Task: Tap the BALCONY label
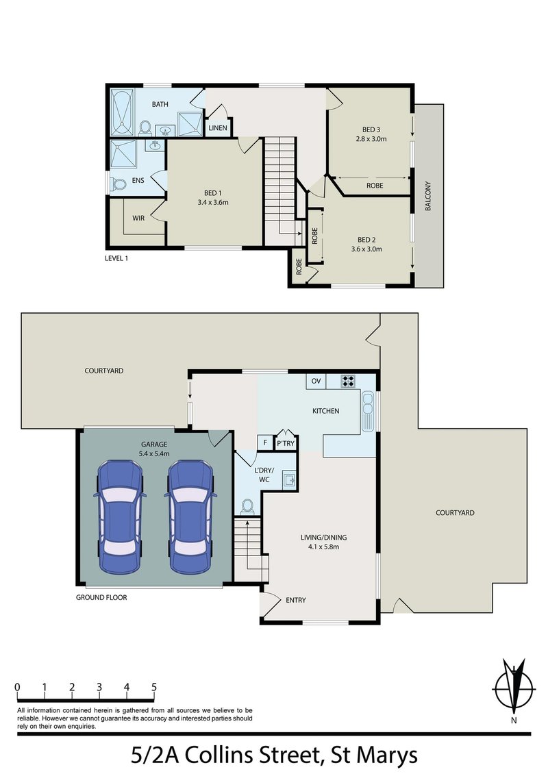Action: point(429,196)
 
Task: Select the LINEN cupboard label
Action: point(218,128)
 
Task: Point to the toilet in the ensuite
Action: point(119,184)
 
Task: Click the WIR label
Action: point(138,218)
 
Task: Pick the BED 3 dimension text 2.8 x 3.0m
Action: point(371,139)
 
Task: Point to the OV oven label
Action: point(316,381)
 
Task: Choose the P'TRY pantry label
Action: point(284,444)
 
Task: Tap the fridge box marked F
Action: point(264,443)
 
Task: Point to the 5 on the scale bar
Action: point(155,686)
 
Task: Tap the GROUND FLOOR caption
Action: point(101,597)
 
